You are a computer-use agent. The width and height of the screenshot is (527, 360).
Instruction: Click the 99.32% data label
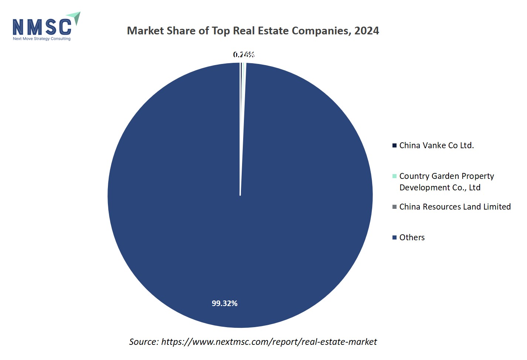click(x=224, y=303)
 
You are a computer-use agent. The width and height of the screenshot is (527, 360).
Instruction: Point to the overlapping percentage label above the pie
click(x=244, y=55)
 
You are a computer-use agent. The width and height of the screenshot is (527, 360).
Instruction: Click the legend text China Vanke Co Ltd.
click(x=436, y=146)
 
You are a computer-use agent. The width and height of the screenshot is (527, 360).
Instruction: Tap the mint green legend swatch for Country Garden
click(x=394, y=176)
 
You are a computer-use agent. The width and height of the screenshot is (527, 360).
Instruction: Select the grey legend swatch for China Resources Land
click(x=394, y=207)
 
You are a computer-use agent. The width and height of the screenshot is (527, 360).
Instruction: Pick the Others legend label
click(x=412, y=237)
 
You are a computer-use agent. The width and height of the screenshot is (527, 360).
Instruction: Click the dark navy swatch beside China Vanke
click(x=394, y=145)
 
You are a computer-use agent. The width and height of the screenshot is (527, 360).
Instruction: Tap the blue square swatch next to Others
click(x=394, y=237)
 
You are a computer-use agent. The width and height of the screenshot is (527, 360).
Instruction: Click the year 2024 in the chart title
click(x=366, y=31)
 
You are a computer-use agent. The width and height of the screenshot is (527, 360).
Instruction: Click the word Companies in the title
click(x=321, y=31)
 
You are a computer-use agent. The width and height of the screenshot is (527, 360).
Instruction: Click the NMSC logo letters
click(x=42, y=27)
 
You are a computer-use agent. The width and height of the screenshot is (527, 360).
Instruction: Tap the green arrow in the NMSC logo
click(x=75, y=17)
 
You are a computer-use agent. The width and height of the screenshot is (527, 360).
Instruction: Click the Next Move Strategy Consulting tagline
click(x=41, y=39)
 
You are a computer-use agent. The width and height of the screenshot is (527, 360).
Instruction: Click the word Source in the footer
click(x=143, y=342)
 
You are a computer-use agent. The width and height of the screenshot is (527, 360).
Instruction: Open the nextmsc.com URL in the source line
click(x=269, y=342)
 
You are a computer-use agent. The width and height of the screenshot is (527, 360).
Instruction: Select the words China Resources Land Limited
click(x=455, y=207)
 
